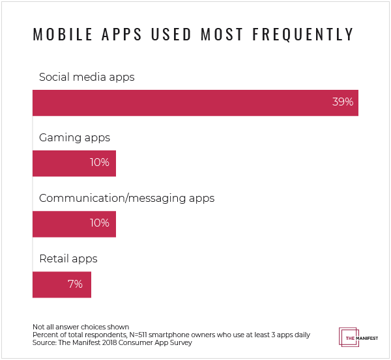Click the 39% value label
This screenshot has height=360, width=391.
[343, 102]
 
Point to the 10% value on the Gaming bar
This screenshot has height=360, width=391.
[100, 163]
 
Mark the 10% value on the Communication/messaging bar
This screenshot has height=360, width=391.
[100, 223]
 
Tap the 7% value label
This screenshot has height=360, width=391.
[74, 284]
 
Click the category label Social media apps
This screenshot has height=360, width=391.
[87, 77]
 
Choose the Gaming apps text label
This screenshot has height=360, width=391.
[74, 137]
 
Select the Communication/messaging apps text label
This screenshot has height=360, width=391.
[126, 198]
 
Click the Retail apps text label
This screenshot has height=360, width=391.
[68, 258]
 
